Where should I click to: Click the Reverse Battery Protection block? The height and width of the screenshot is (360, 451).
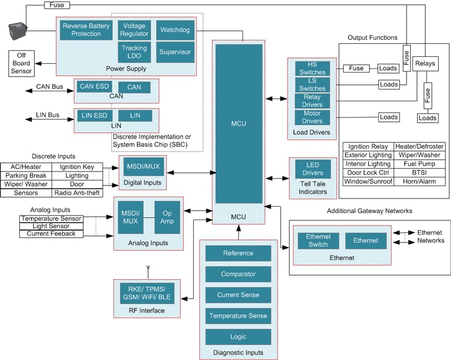point(87,30)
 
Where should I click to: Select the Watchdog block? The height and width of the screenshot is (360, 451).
point(175,30)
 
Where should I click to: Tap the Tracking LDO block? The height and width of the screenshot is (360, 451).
point(134,52)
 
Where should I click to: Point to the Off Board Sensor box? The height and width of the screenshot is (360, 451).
point(21,63)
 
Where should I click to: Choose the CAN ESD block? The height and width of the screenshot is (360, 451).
point(94,87)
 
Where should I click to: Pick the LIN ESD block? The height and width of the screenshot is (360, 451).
point(94,116)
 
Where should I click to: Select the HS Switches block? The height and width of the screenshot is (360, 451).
point(312,68)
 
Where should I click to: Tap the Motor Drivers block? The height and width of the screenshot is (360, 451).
point(312,117)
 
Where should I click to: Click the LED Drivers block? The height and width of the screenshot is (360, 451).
point(312,169)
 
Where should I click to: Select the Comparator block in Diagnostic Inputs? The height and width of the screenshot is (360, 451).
point(238,274)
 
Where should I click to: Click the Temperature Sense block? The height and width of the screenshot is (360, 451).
point(238,316)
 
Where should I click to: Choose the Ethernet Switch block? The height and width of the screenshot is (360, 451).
point(318,241)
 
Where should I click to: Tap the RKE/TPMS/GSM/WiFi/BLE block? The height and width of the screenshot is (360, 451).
point(146,293)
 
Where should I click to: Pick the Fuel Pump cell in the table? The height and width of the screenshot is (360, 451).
point(419,164)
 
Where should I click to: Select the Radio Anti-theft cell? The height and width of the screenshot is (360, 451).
point(77,193)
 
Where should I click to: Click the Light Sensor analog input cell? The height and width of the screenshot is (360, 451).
point(51,226)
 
